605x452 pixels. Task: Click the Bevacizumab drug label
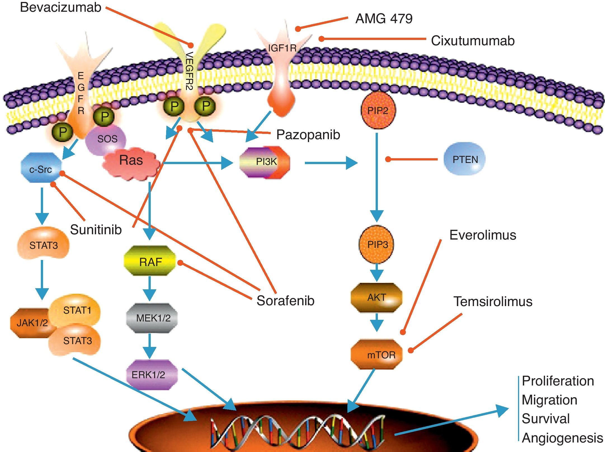60,7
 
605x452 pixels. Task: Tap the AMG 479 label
384,19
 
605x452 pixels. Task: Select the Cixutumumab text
473,41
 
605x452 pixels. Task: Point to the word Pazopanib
308,135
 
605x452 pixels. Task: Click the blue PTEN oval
465,159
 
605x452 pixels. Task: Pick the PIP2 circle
378,111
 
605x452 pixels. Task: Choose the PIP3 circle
377,245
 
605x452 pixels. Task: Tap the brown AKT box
376,297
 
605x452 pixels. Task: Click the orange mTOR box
377,354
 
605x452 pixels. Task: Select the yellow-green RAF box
150,261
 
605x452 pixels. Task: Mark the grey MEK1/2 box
152,318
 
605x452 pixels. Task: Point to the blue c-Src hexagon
41,168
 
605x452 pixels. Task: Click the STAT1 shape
75,310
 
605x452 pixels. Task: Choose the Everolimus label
483,235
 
